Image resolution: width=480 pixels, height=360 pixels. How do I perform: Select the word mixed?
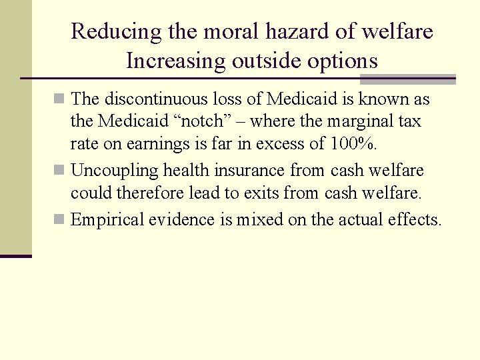tap(260, 219)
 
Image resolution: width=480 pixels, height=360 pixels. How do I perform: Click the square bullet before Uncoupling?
tap(61, 171)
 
